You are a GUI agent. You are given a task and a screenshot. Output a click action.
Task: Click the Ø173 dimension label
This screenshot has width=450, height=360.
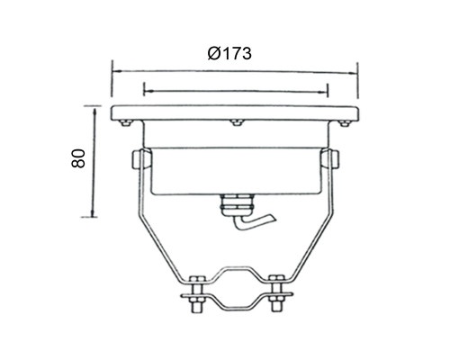coord(229,54)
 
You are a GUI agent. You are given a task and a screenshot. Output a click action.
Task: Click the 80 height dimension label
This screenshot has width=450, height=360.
coord(78,158)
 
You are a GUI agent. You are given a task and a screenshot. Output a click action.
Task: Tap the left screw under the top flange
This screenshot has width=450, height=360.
coord(126,122)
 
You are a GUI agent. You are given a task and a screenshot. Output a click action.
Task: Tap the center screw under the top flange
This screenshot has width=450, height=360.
coord(237,122)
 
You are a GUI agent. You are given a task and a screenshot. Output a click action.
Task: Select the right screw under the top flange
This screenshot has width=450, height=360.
coord(345,122)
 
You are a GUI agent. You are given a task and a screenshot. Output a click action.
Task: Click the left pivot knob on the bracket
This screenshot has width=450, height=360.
coord(138,159)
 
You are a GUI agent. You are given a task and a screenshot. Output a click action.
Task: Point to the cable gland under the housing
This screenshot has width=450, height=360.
coord(236,205)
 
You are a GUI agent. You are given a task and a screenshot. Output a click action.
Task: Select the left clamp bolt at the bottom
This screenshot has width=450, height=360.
coord(198,293)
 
